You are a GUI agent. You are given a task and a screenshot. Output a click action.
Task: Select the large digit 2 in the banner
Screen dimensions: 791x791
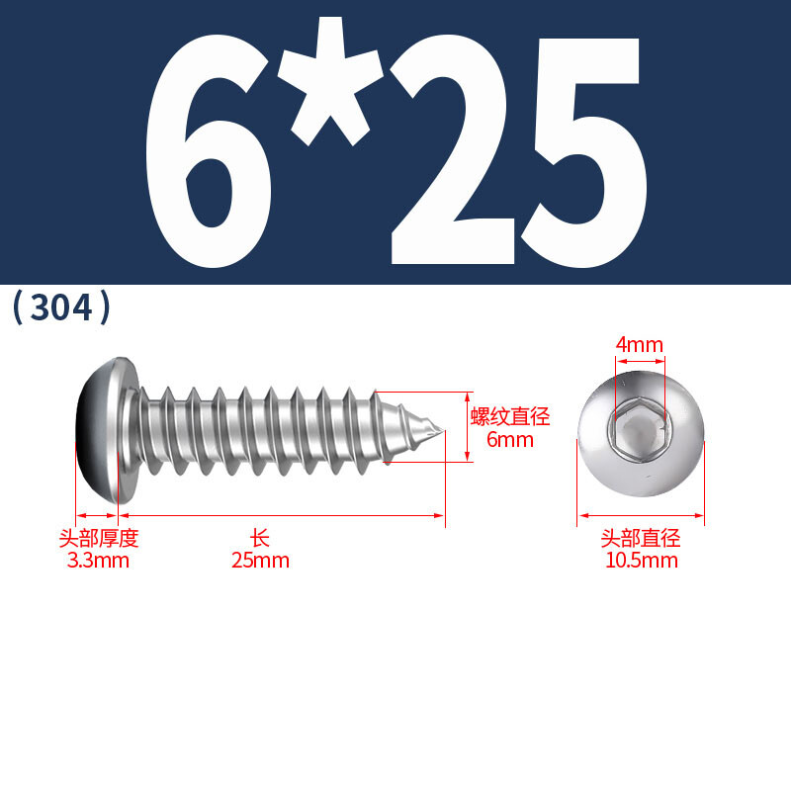pyautogui.click(x=452, y=149)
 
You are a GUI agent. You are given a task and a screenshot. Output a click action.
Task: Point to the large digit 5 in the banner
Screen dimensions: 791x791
pyautogui.click(x=582, y=151)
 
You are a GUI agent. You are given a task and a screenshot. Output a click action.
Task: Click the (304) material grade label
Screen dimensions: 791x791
pyautogui.click(x=61, y=307)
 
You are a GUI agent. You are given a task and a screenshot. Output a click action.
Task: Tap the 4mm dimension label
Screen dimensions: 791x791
pyautogui.click(x=639, y=344)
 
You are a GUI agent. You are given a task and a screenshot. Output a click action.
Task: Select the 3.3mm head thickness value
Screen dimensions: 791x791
pyautogui.click(x=98, y=561)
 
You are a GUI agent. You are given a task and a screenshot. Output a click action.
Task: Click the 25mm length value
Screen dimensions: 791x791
pyautogui.click(x=260, y=561)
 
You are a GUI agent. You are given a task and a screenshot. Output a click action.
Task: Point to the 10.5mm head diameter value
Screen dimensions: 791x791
pyautogui.click(x=641, y=561)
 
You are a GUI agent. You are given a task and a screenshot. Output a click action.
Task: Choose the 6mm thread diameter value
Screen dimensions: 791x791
pyautogui.click(x=510, y=439)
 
